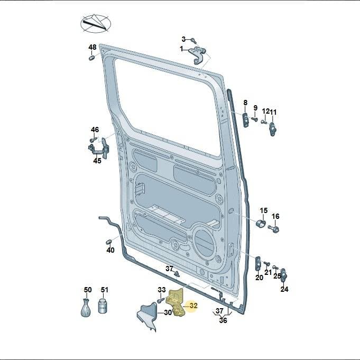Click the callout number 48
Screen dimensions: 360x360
click(93, 47)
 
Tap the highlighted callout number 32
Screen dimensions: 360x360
click(193, 306)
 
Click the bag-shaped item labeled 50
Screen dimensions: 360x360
click(86, 308)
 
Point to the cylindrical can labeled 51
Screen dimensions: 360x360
click(103, 306)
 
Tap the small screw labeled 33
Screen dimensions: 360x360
click(160, 300)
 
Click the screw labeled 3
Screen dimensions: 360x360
click(193, 41)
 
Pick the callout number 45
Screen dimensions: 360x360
click(97, 161)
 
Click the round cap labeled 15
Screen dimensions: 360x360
click(261, 223)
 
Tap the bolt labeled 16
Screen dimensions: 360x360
click(274, 228)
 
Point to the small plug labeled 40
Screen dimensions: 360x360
click(109, 242)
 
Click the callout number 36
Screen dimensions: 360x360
click(223, 320)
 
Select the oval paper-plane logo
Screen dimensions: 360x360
click(96, 24)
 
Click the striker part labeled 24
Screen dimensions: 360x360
click(284, 275)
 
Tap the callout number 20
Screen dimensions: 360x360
click(259, 278)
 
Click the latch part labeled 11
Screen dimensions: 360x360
click(273, 129)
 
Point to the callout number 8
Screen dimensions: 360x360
click(245, 103)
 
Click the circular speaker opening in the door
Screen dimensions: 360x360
click(204, 243)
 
